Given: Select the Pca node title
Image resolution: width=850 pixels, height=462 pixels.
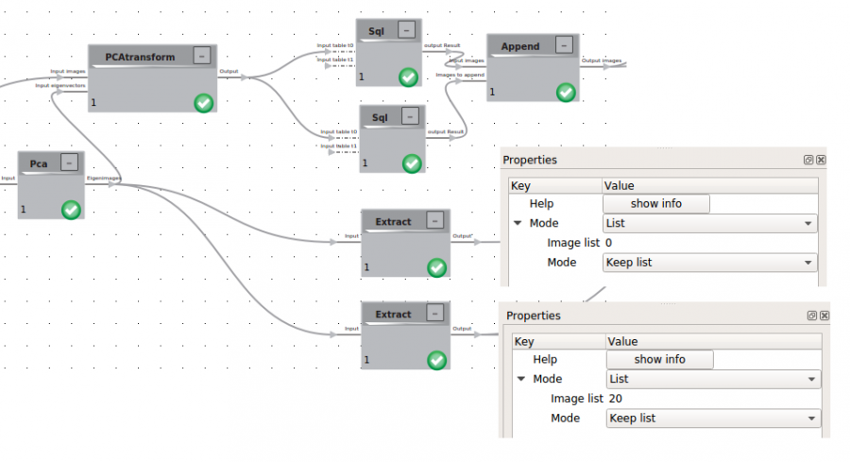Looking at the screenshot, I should pyautogui.click(x=39, y=163).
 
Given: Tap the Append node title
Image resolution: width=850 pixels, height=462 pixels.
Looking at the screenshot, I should pyautogui.click(x=520, y=46).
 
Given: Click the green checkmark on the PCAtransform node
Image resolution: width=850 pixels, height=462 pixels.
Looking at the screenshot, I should pyautogui.click(x=203, y=102).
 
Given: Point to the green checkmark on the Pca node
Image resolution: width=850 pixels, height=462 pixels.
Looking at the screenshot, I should pyautogui.click(x=71, y=209).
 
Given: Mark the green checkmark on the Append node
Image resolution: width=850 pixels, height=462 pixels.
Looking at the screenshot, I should pyautogui.click(x=565, y=92).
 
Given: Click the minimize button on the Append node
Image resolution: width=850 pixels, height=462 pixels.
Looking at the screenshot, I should pyautogui.click(x=563, y=45).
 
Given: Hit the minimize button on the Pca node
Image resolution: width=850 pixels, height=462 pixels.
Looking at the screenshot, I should pyautogui.click(x=69, y=163).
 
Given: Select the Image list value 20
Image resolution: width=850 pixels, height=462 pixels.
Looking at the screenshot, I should pyautogui.click(x=616, y=399).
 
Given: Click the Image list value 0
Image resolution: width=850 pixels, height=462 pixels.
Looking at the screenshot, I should pyautogui.click(x=609, y=243).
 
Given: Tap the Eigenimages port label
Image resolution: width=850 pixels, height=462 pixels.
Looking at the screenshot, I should pyautogui.click(x=103, y=177).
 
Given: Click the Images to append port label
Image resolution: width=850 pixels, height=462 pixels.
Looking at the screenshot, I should pyautogui.click(x=460, y=74).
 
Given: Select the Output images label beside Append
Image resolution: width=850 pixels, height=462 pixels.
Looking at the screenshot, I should pyautogui.click(x=602, y=60).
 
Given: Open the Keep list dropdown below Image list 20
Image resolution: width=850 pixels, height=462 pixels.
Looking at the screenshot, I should pyautogui.click(x=713, y=418).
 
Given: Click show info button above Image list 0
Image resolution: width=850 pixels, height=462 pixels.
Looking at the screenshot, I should pyautogui.click(x=655, y=203).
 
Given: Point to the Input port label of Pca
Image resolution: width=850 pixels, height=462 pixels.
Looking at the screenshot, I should pyautogui.click(x=8, y=177).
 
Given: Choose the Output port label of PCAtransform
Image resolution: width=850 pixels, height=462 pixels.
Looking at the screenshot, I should pyautogui.click(x=229, y=70).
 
